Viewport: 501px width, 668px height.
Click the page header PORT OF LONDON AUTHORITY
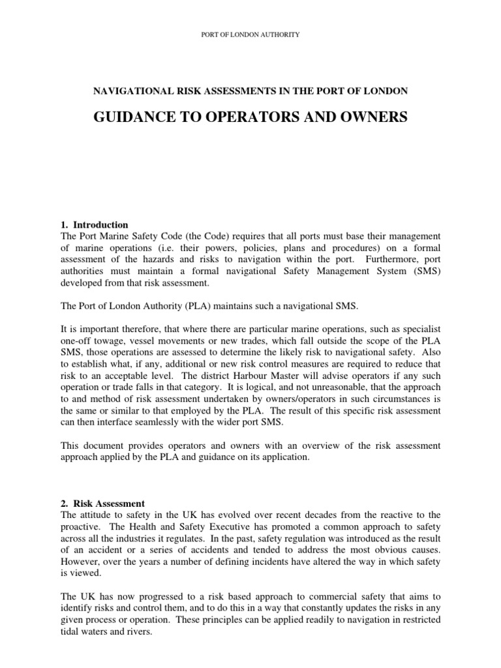click(250, 34)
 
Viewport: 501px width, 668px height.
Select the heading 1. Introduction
click(95, 225)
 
